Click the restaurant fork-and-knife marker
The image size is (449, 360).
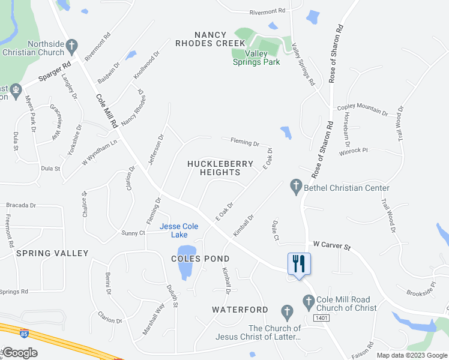299,263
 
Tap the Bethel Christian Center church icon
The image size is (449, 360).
295,187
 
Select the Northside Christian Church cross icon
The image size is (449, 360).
72,45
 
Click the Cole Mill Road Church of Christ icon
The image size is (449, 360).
309,301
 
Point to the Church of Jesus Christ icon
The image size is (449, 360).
287,311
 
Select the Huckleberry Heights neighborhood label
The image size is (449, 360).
214,167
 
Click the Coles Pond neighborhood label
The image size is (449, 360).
200,259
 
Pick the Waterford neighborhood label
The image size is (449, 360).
240,310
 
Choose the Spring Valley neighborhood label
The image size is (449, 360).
52,253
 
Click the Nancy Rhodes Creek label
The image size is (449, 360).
210,39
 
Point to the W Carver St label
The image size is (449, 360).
331,245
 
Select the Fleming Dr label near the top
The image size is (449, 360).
244,143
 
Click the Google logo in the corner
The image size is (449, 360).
20,353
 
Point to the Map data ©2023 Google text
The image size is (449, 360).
411,355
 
